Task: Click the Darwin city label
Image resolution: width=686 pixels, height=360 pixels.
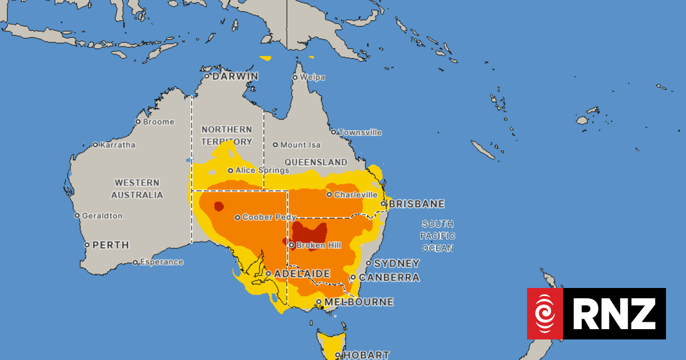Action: pos(235,76)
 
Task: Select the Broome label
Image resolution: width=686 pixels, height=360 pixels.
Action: pos(159,122)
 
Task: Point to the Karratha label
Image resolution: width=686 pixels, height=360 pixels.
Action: pos(117,145)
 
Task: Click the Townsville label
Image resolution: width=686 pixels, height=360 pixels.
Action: pos(360,133)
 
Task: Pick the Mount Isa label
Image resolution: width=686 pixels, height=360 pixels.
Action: pos(300,145)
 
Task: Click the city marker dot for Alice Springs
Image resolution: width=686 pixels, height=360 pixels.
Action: pos(230,170)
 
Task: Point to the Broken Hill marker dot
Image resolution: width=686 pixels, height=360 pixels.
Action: pos(292,245)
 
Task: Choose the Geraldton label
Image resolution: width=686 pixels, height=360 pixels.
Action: pos(102,216)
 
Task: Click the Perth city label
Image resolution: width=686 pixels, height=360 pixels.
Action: pos(110,245)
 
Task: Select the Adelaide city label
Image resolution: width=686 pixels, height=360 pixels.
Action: pos(301,274)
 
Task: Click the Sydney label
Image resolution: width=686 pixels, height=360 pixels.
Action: pos(396,263)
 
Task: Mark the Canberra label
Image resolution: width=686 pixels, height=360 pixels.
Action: pos(389,278)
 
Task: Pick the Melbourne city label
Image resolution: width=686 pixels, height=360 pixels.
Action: pos(358,302)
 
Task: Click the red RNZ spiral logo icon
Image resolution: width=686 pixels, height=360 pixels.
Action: pos(545,314)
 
